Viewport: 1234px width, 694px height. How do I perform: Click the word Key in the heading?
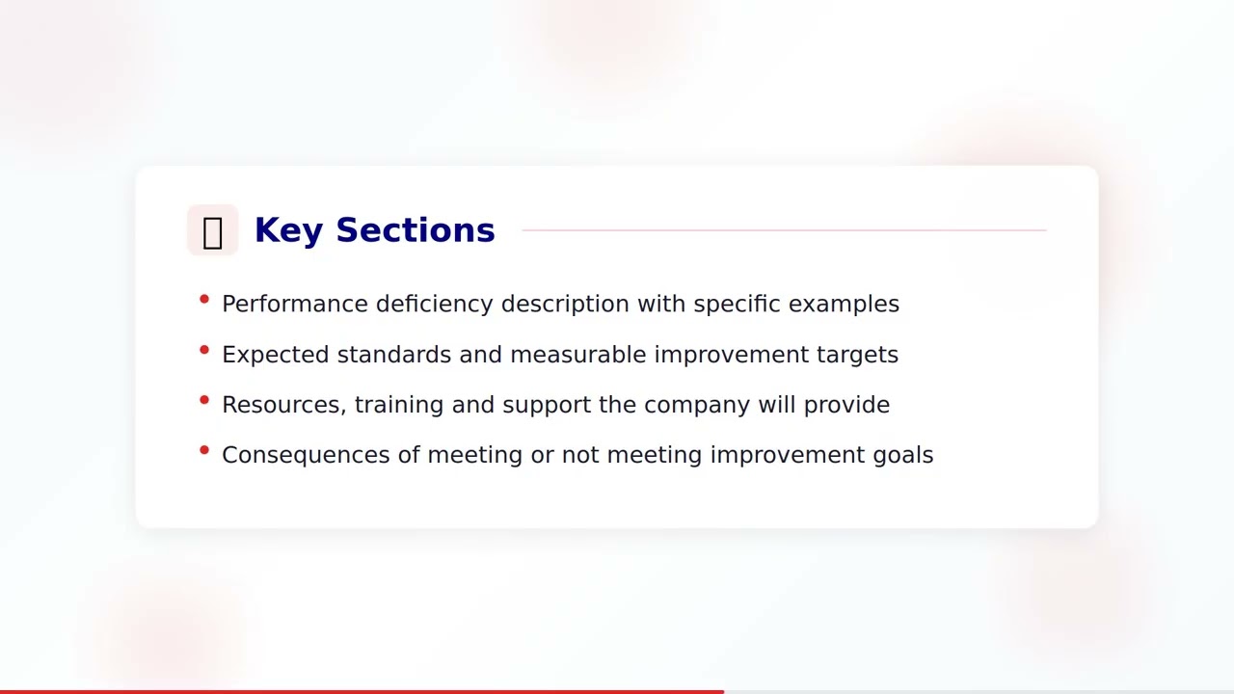[287, 230]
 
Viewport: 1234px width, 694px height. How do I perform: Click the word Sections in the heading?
[415, 230]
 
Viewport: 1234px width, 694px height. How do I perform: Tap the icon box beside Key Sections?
[212, 230]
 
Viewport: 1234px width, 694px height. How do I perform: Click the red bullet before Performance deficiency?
[204, 300]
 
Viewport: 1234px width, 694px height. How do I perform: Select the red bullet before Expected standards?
[204, 350]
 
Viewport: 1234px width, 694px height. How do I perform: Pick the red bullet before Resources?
[204, 400]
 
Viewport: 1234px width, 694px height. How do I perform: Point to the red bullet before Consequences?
[204, 450]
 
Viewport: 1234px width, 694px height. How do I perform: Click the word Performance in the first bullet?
[295, 304]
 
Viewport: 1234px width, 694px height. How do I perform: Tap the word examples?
[844, 304]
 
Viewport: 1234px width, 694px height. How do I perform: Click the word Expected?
[275, 355]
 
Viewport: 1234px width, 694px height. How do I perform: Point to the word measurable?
[577, 355]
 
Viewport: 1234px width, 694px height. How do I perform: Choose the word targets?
[857, 355]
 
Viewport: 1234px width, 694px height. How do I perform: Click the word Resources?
[283, 405]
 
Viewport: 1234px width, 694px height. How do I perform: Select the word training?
[398, 405]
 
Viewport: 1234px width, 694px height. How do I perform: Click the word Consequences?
[306, 455]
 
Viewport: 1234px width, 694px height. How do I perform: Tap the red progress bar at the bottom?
[362, 690]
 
